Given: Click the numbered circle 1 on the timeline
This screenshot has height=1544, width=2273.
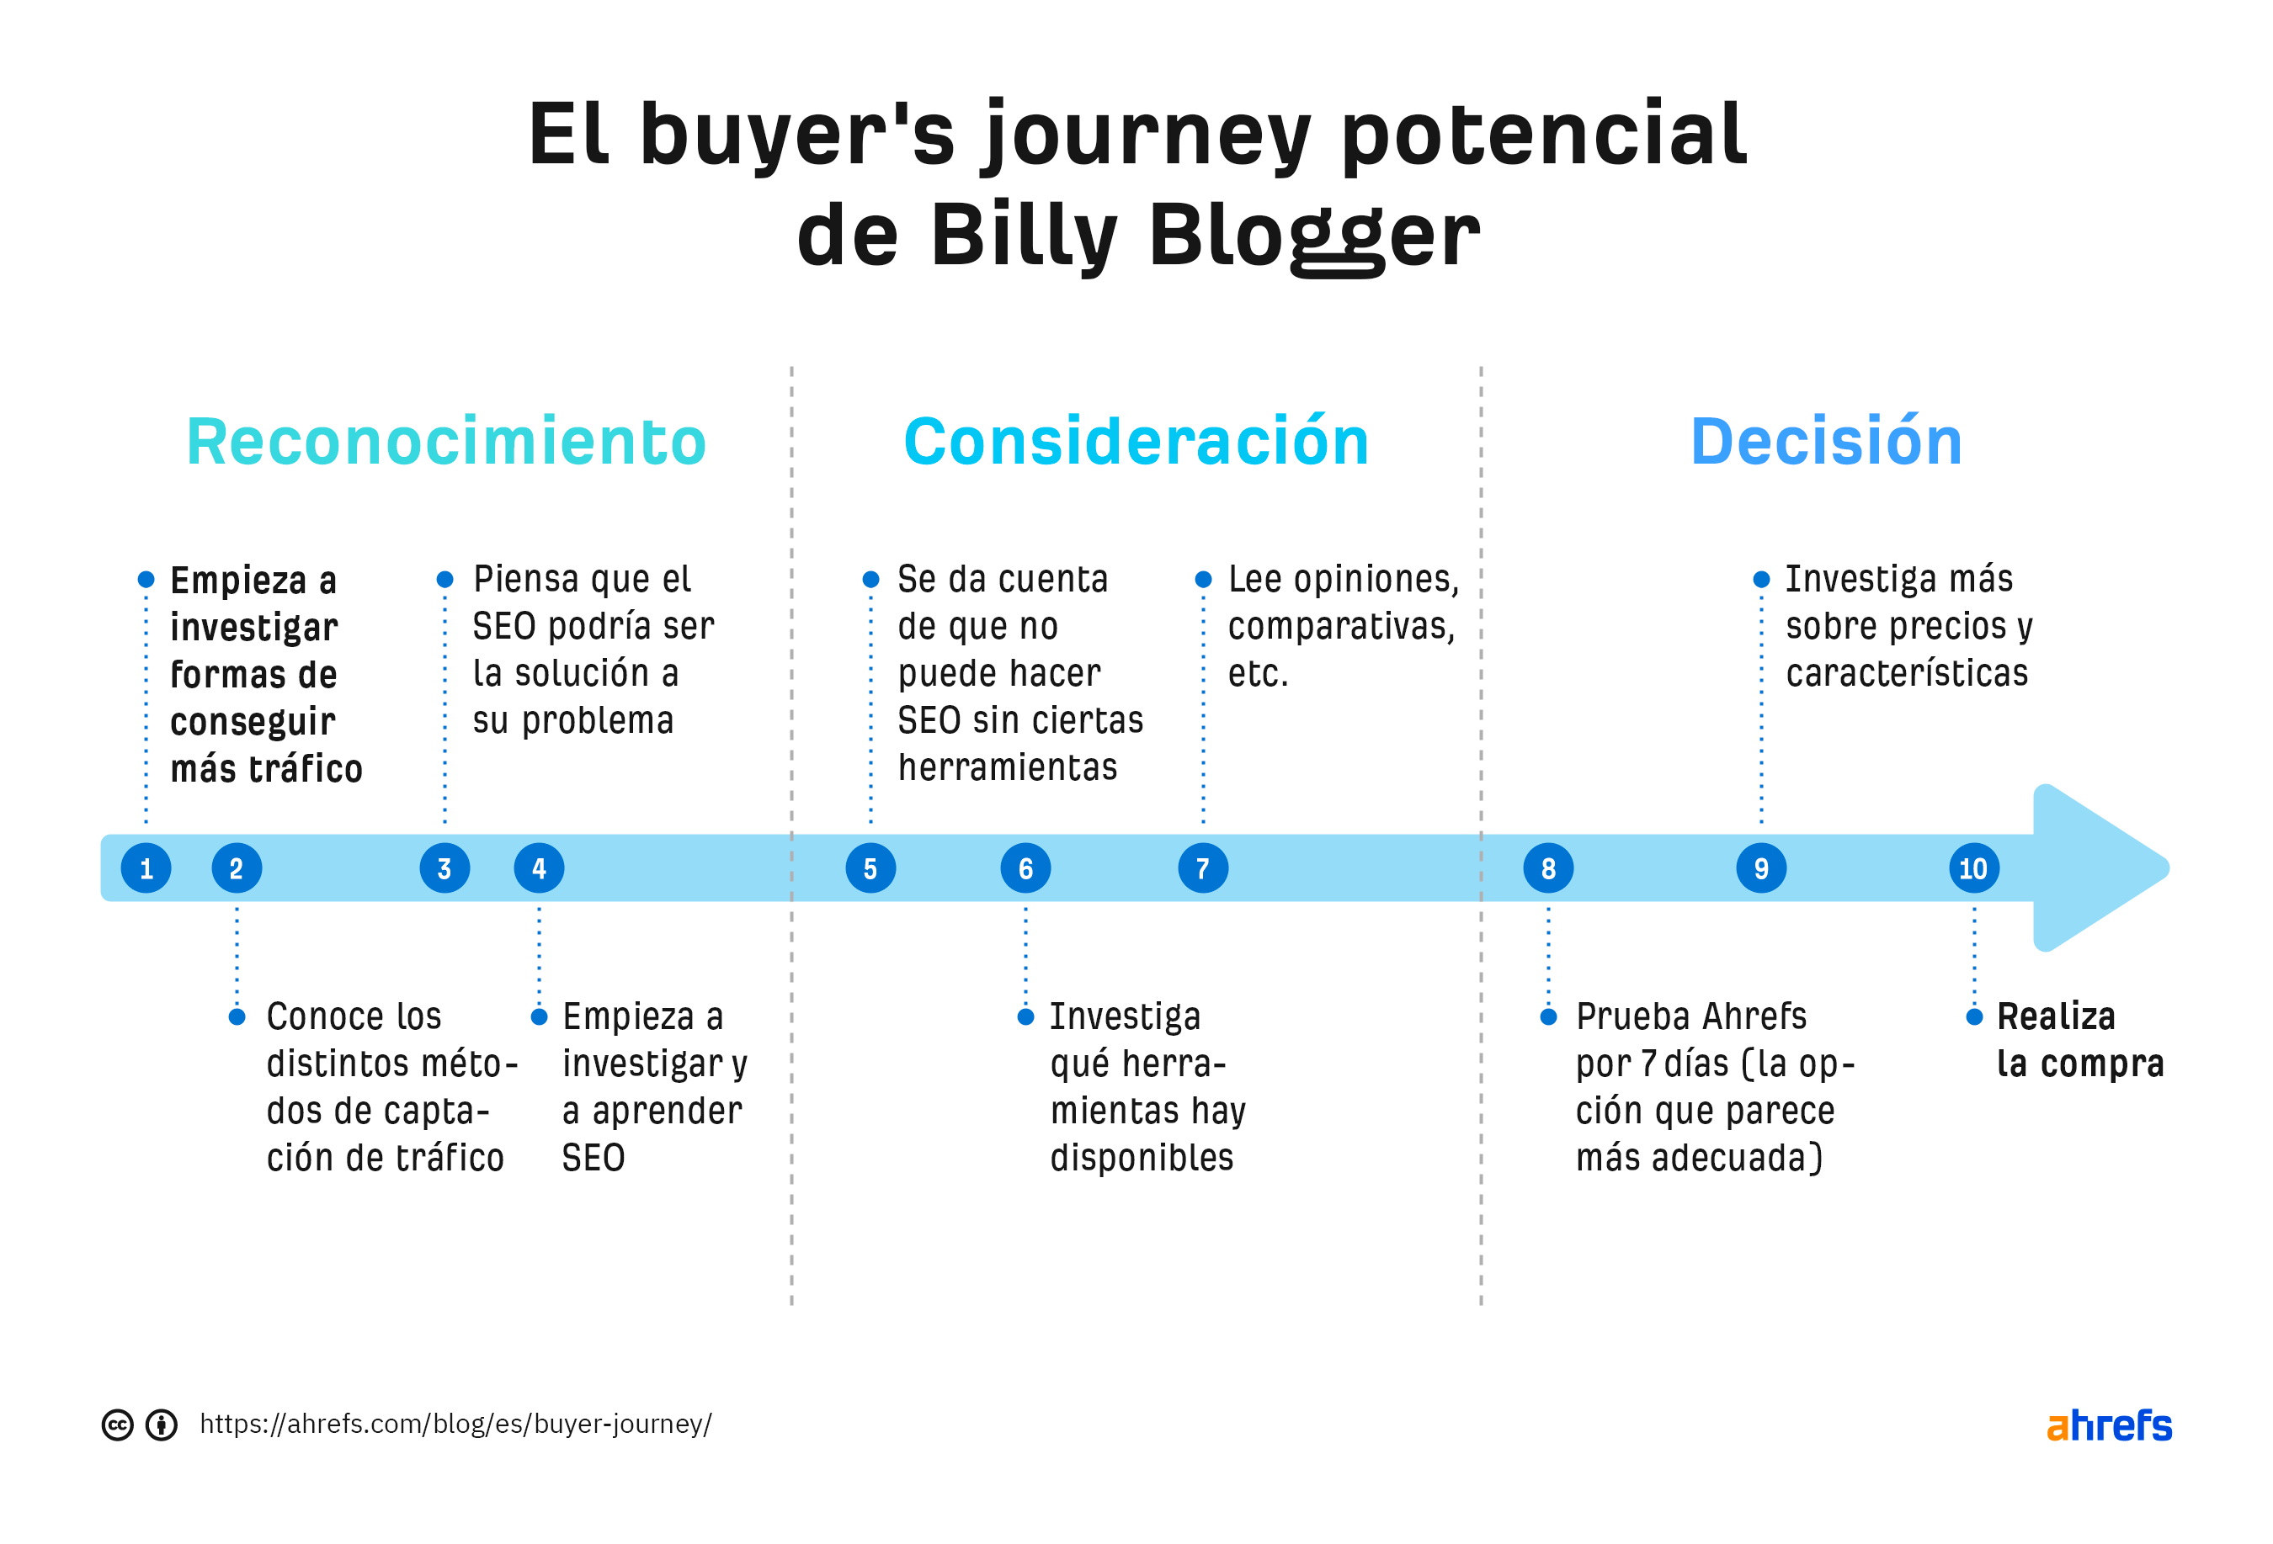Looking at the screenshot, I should [x=146, y=868].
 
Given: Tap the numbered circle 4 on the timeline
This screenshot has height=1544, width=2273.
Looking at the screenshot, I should [x=539, y=868].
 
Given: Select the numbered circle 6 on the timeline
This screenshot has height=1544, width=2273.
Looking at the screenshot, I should [x=1025, y=868].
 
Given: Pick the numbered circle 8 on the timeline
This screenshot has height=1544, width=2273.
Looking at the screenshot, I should [x=1548, y=868].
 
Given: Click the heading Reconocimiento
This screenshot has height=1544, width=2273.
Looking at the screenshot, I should [x=446, y=442].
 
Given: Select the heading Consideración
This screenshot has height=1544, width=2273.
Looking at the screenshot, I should [x=1136, y=442].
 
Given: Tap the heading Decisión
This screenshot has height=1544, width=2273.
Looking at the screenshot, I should [x=1826, y=442].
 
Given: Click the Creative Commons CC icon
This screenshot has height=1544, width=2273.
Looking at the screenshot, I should [x=117, y=1425].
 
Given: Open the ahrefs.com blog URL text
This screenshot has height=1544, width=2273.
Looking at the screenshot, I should [x=455, y=1424].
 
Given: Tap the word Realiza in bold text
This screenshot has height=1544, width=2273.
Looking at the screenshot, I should [x=2055, y=1017].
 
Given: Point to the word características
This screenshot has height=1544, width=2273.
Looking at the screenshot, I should [x=1906, y=674].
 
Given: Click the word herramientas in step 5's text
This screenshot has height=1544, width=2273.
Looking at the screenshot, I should [x=1008, y=767].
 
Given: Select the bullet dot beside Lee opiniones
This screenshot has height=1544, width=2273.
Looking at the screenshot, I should [x=1203, y=580].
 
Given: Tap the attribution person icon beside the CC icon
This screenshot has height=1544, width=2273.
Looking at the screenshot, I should [x=162, y=1425].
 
